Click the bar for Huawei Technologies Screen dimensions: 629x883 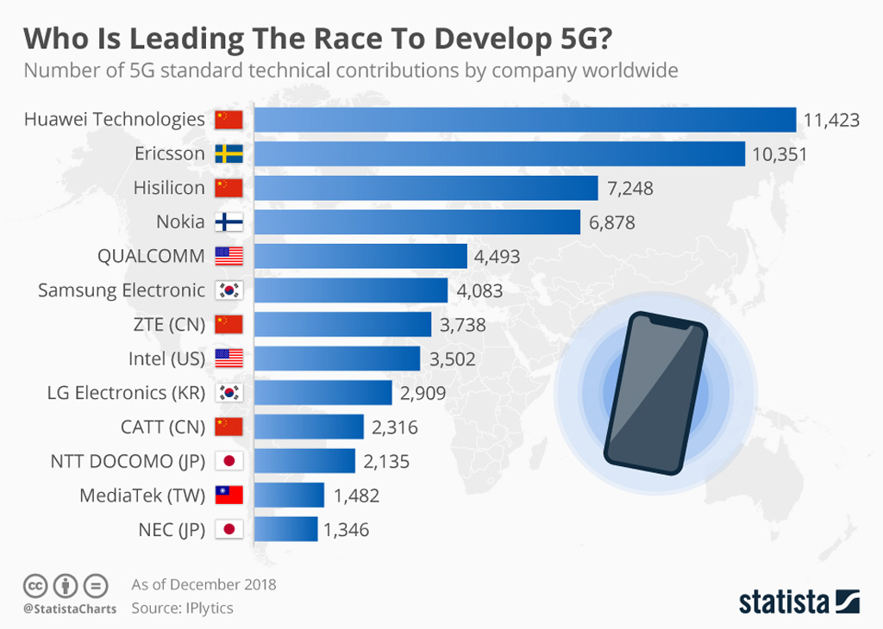pos(524,120)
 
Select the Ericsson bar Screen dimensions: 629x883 pos(499,154)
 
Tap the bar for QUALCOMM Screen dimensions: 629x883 pos(360,256)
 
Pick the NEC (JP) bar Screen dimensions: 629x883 pos(285,529)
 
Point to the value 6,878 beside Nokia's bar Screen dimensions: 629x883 pos(612,222)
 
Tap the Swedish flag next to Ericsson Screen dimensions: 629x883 pos(229,154)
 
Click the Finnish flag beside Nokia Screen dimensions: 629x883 pos(229,222)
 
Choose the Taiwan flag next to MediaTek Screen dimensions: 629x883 pos(229,495)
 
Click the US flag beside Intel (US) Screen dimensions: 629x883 pos(229,358)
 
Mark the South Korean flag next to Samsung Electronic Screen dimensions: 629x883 pos(229,290)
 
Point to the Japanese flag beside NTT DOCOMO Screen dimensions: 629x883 pos(229,461)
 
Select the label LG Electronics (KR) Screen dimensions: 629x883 pos(126,393)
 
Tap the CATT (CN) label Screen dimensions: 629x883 pos(162,427)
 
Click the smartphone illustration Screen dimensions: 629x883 pos(655,393)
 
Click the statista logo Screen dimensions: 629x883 pos(798,601)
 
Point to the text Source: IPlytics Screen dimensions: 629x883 pos(182,607)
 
